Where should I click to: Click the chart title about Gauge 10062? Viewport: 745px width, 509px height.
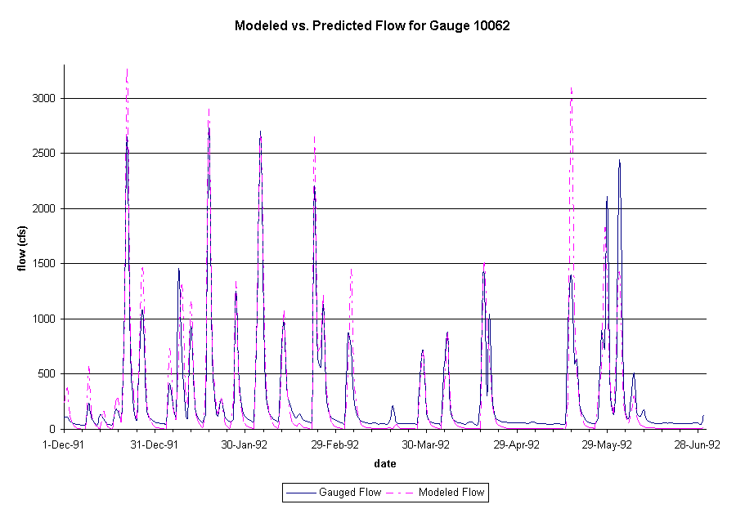click(x=372, y=25)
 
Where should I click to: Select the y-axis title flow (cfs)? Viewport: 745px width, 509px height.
click(x=25, y=248)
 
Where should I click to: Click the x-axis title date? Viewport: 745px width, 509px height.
click(x=384, y=464)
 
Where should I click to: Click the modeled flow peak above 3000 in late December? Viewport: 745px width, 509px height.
click(x=127, y=72)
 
